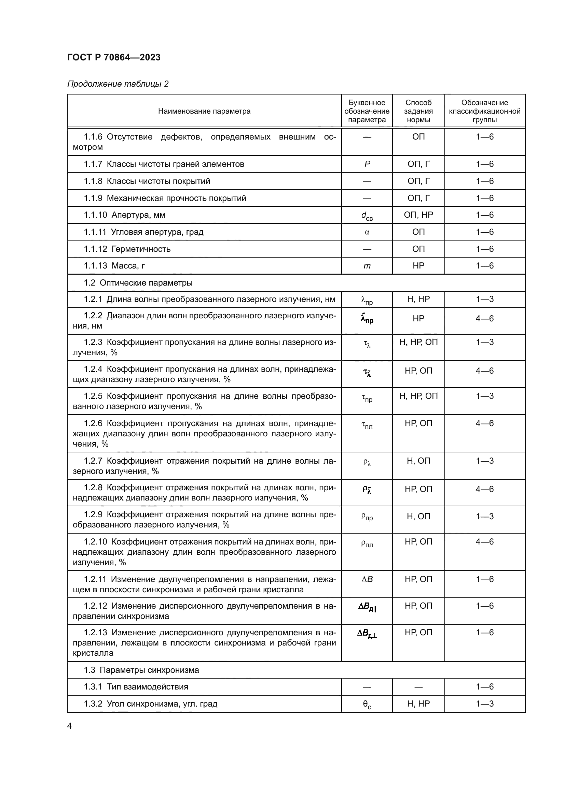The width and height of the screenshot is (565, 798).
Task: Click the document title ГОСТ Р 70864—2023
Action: [x=114, y=57]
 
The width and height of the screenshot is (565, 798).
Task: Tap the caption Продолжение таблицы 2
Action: [x=118, y=84]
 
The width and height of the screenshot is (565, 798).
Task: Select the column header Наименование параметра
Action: [x=204, y=111]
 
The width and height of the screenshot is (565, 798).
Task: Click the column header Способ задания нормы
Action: [x=418, y=111]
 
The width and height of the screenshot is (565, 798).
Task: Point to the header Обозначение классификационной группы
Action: [x=484, y=111]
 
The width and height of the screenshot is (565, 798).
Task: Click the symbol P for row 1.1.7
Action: [x=367, y=164]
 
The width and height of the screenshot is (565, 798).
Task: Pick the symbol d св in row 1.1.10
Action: [x=367, y=216]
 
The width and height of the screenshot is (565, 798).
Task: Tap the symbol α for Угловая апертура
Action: [x=367, y=232]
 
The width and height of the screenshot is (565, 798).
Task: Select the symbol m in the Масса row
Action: [x=367, y=266]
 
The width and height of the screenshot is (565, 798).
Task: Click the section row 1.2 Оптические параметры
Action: [x=138, y=283]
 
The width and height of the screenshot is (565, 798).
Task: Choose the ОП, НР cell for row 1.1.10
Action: [x=418, y=215]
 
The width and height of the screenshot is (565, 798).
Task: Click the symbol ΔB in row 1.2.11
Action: [x=367, y=579]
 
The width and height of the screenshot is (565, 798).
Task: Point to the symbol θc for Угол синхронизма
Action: [x=367, y=705]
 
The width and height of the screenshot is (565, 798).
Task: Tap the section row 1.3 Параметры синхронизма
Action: [x=141, y=670]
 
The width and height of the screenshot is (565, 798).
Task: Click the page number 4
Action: [x=70, y=726]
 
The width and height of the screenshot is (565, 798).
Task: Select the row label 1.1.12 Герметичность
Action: [x=127, y=249]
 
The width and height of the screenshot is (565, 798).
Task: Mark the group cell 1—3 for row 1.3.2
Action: [x=485, y=704]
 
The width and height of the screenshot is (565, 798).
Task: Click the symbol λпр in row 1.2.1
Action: [x=367, y=300]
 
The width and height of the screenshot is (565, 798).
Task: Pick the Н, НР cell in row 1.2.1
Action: [x=418, y=299]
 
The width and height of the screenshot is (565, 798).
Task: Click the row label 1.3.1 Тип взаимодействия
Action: [x=136, y=687]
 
